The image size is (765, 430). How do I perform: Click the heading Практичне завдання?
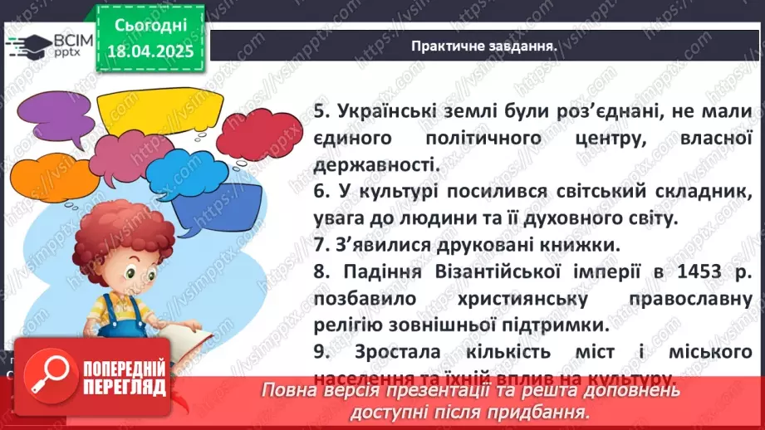[483, 45]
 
